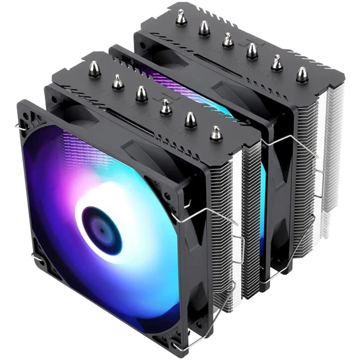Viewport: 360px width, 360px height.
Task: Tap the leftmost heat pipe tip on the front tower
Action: [x=95, y=69]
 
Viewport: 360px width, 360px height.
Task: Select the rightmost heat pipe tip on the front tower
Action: [x=215, y=133]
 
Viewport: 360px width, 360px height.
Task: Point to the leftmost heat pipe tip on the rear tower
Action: [x=181, y=18]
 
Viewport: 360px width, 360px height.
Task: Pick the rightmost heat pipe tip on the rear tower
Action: [x=302, y=74]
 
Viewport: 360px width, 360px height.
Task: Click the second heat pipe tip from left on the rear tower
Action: [x=205, y=28]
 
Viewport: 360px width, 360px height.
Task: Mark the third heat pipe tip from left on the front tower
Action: [x=141, y=93]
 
